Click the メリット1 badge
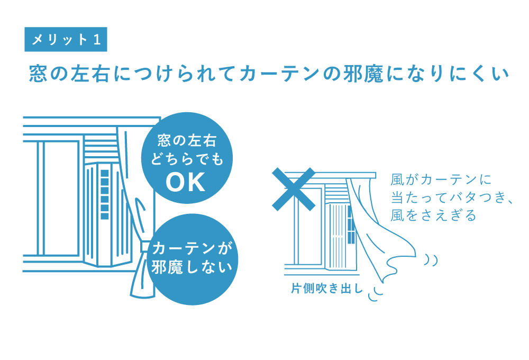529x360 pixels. pyautogui.click(x=66, y=40)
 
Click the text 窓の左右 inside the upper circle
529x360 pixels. pyautogui.click(x=187, y=141)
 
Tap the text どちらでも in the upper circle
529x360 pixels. pyautogui.click(x=187, y=159)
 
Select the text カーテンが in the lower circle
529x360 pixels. pyautogui.click(x=192, y=248)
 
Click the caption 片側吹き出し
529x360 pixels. pyautogui.click(x=327, y=289)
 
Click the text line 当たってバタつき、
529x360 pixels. pyautogui.click(x=452, y=197)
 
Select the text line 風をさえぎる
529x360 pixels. pyautogui.click(x=433, y=215)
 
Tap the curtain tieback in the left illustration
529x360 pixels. pyautogui.click(x=144, y=246)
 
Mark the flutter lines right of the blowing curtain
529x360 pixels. pyautogui.click(x=431, y=259)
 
